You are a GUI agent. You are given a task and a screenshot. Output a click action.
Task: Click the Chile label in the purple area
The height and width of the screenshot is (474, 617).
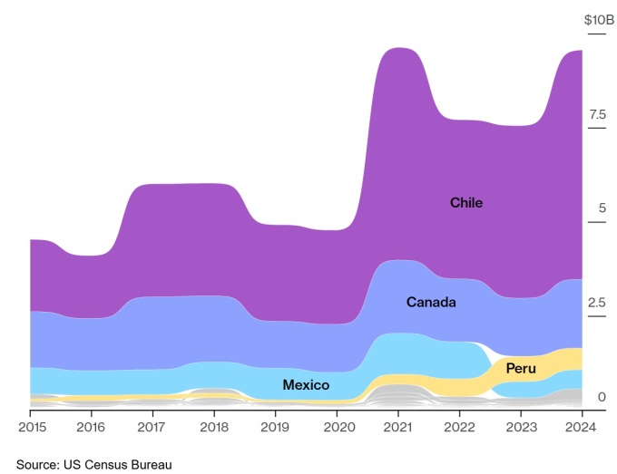pos(466,203)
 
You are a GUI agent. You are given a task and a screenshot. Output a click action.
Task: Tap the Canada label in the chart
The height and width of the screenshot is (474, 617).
pos(431,302)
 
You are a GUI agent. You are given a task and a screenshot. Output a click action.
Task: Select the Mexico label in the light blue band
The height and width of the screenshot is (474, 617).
pos(306,385)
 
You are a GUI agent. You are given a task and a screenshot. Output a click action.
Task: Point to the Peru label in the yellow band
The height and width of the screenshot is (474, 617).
pos(521,369)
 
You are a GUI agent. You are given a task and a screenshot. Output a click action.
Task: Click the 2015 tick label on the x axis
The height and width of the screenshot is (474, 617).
pos(32,427)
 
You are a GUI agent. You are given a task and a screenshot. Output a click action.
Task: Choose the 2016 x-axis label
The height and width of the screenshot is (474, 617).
pos(91,427)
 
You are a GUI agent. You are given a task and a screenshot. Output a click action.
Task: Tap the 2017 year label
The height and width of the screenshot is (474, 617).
pos(152,427)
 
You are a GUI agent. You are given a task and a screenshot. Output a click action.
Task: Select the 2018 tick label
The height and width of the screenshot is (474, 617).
pos(214,427)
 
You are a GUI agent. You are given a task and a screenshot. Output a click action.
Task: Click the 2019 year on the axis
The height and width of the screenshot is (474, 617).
pos(275,427)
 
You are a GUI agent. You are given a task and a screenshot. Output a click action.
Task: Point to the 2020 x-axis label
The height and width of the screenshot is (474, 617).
pos(337,427)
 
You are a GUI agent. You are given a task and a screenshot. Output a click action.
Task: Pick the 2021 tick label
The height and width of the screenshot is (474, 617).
pos(398,427)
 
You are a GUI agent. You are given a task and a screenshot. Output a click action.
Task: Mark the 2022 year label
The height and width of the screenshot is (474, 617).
pos(459,427)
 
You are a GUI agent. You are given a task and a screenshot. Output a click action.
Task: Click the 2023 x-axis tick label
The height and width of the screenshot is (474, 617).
pos(521,427)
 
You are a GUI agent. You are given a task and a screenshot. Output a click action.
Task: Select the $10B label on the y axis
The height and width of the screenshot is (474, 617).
pos(599,20)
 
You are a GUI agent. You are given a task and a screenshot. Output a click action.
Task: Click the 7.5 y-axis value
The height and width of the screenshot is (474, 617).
pos(597,114)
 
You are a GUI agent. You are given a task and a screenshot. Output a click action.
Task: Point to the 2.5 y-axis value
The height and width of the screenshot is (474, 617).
pos(597,302)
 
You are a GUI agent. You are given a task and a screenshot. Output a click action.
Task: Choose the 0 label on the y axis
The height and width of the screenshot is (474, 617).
pos(602,397)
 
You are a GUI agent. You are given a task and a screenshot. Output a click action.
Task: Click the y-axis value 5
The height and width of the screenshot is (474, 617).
pos(602,208)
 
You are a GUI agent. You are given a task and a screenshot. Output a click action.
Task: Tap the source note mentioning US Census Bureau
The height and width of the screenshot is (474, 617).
pos(93,464)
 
